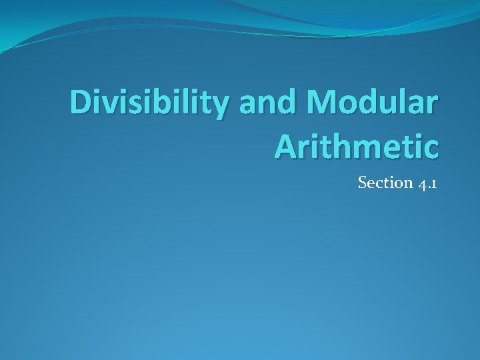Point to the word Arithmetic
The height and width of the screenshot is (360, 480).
click(356, 145)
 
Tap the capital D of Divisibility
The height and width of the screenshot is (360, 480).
click(82, 103)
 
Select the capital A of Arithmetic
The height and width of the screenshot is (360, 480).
click(287, 145)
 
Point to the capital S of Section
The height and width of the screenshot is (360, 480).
click(363, 182)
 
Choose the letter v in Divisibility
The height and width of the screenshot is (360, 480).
click(114, 105)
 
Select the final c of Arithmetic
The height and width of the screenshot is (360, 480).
click(431, 147)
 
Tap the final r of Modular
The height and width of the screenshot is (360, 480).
click(433, 105)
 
